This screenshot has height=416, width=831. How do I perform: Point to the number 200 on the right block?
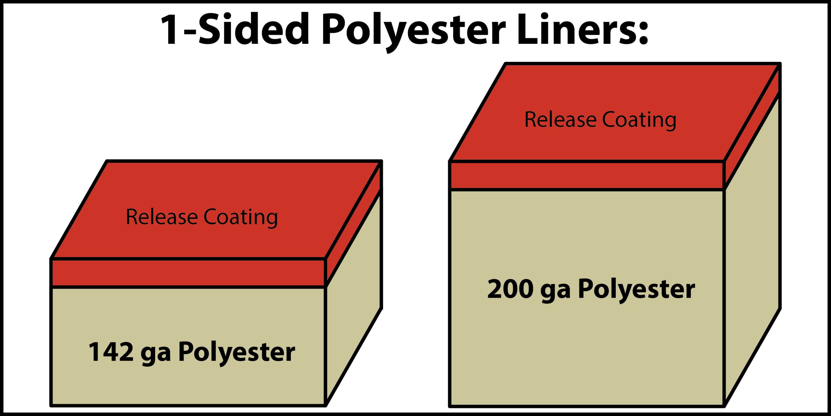point(510,289)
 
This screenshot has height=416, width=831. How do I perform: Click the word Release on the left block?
point(161,217)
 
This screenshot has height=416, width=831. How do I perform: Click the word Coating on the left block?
point(241,217)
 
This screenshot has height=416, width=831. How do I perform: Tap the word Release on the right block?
point(560,119)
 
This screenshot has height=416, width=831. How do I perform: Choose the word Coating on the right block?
point(639,120)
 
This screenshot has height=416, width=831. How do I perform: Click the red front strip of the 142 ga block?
point(188,273)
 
